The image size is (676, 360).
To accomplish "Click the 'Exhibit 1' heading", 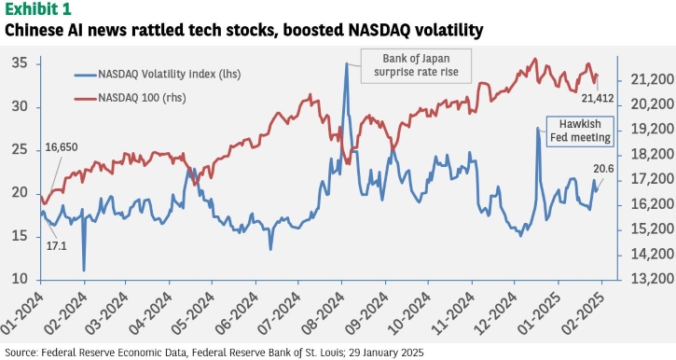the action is [x=38, y=8].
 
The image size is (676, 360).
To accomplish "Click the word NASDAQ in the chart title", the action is [x=370, y=30].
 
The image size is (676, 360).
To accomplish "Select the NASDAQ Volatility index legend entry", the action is [x=158, y=75].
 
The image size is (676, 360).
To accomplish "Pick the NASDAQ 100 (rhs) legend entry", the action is [x=130, y=98].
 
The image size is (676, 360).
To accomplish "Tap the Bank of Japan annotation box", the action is [x=416, y=65].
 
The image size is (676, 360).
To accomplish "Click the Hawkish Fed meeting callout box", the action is [x=580, y=132].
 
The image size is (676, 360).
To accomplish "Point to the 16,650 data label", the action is [x=62, y=147].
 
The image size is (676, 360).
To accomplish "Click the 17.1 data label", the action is [x=57, y=246].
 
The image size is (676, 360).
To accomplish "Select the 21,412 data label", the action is [x=597, y=98].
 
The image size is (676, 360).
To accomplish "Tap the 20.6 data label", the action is [x=603, y=169].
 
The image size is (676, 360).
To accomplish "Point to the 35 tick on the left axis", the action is [x=20, y=63].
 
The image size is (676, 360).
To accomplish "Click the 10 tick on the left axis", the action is [x=20, y=279].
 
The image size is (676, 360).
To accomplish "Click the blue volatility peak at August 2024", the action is [x=346, y=63].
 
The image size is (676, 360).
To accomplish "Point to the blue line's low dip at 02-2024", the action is [x=84, y=270].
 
